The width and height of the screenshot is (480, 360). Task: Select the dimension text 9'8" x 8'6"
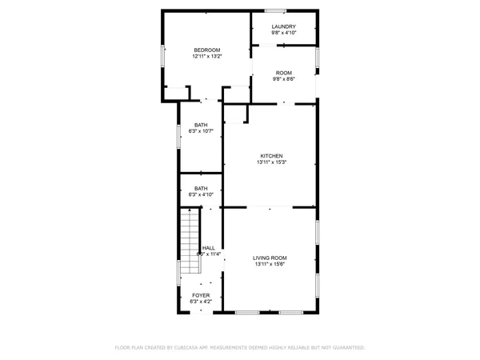point(284,78)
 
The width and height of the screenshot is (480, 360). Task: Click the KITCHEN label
point(271,155)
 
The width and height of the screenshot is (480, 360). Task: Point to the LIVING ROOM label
point(270,258)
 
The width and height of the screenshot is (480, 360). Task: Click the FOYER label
point(201,295)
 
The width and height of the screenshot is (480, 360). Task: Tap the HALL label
point(209,248)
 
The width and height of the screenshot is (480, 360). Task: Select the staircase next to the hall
point(189,232)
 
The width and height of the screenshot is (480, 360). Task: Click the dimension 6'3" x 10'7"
point(201,130)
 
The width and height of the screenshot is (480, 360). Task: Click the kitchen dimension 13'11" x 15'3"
point(271,162)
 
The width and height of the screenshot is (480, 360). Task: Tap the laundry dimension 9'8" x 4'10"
point(284,33)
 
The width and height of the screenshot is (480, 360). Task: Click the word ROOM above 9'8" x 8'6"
point(284,72)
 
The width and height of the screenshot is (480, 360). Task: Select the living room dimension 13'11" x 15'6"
point(270,264)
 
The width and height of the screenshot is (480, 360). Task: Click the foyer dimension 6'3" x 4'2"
point(201,302)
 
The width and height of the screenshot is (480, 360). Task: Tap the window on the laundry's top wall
point(275,10)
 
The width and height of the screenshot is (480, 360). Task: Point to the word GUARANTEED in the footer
point(347,348)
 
